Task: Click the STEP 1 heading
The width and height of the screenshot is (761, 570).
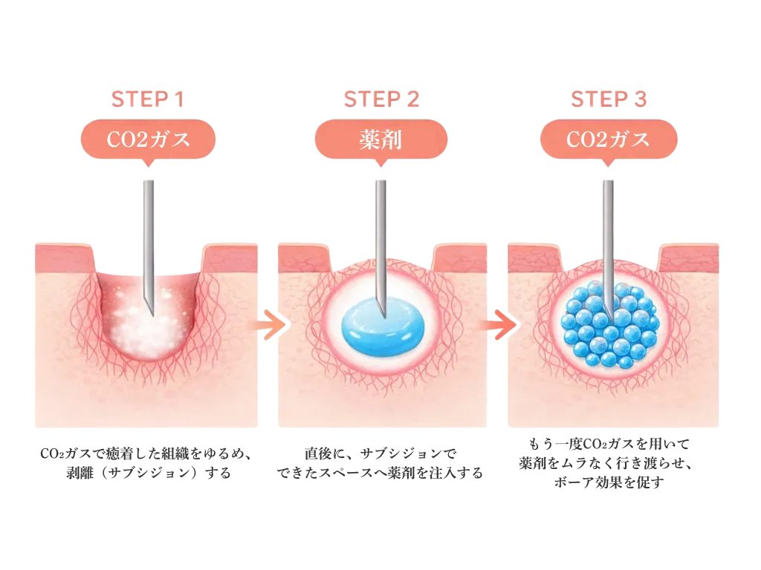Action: click(147, 99)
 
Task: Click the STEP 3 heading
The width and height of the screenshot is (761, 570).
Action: click(609, 99)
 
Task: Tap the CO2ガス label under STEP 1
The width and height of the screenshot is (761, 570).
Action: click(147, 138)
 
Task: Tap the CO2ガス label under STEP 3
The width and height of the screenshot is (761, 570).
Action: click(609, 138)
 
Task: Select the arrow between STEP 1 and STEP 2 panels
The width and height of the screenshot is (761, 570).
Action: click(268, 324)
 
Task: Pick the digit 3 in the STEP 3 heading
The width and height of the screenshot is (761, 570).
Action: click(641, 99)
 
